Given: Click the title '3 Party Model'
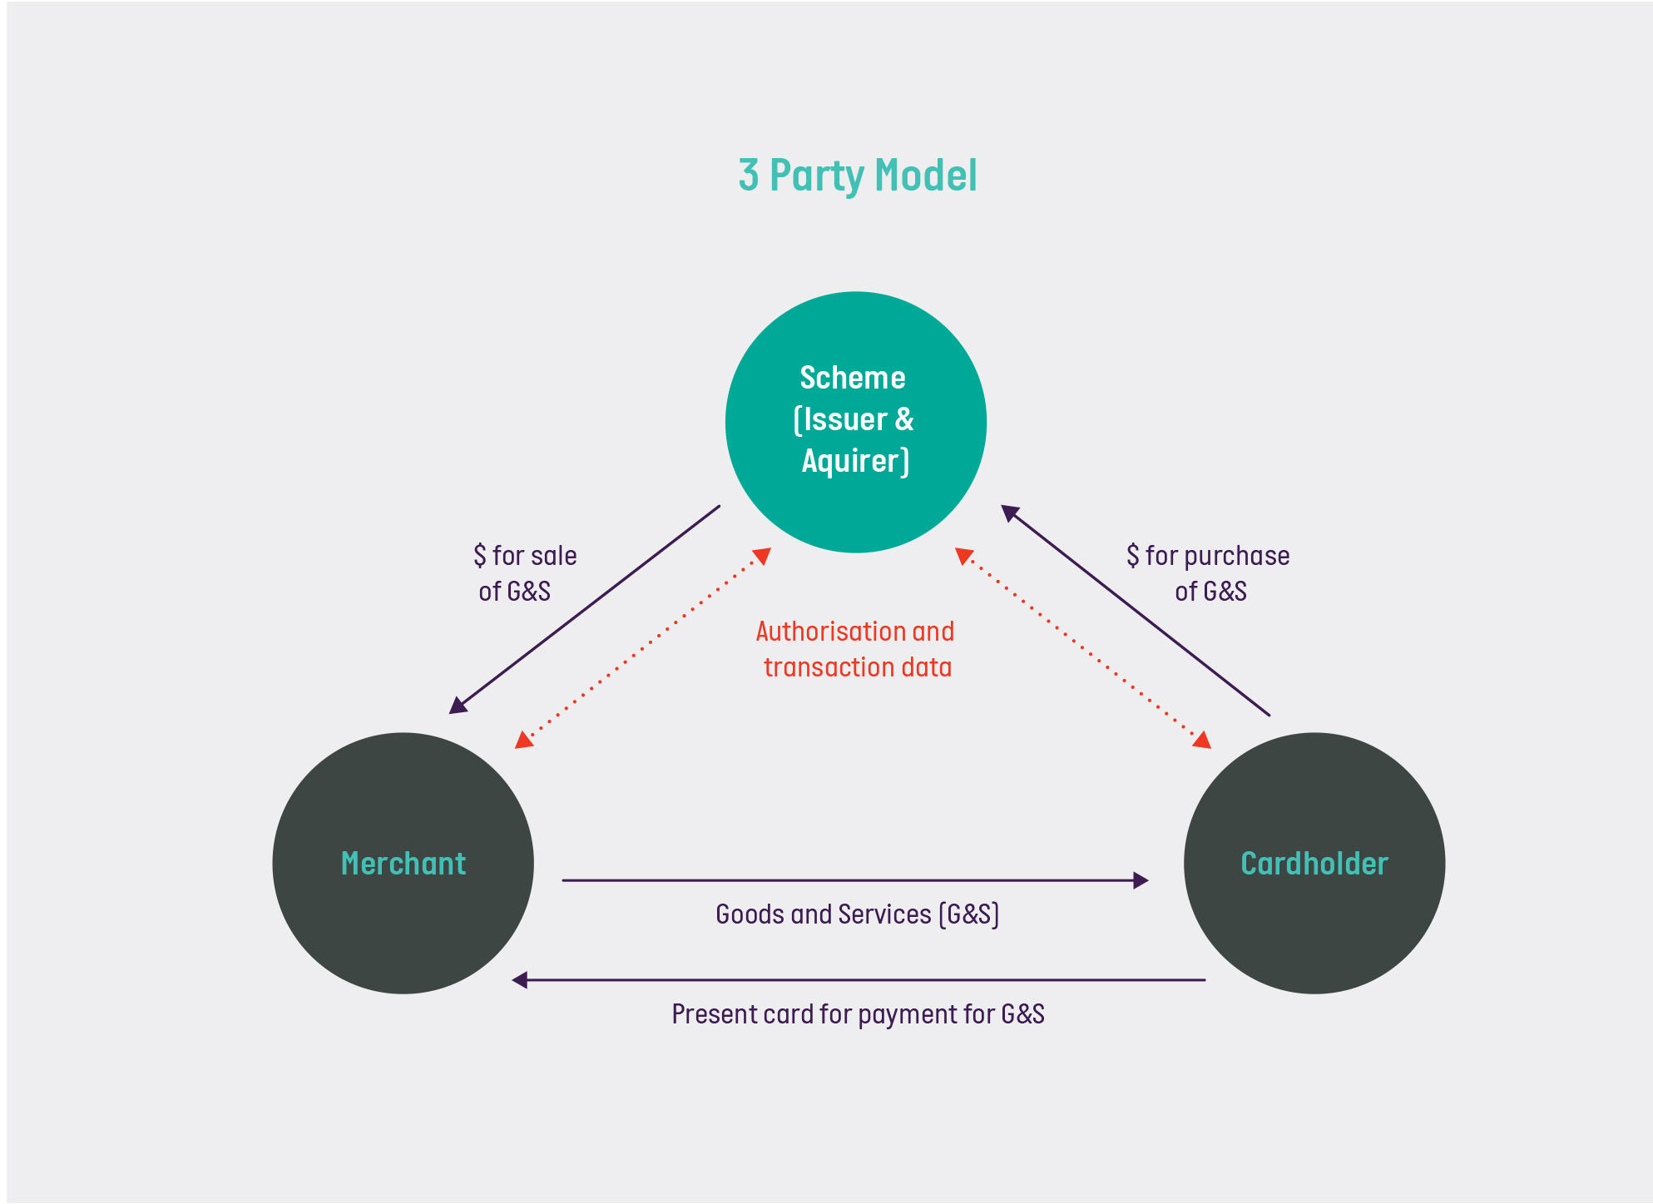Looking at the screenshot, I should point(858,176).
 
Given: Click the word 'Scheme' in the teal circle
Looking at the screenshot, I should point(853,378).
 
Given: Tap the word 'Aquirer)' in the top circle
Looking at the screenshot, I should point(855,461).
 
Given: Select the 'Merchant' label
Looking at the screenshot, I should point(403,864).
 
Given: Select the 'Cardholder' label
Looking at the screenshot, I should point(1314,864).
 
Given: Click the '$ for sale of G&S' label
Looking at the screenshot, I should point(524,573).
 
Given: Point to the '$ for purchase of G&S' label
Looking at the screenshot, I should point(1208,573).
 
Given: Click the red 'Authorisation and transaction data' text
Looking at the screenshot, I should point(856,649).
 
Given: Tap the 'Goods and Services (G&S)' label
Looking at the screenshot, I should point(857,914).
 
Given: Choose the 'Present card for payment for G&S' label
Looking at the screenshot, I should point(858,1014).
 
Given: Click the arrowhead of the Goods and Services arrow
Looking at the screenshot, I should point(1141,880).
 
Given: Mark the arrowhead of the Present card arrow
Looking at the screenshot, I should point(520,980).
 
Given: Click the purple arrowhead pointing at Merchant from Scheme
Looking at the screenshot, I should point(457,706).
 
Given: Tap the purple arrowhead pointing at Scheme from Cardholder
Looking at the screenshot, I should point(1009,512).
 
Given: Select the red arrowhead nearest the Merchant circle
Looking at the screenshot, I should point(522,740).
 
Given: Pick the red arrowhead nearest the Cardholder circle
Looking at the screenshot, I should point(1202,740).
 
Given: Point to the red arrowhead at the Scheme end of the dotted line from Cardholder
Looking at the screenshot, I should point(963,555).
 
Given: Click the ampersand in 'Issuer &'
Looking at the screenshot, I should point(904,419).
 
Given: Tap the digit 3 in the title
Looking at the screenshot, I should point(749,176).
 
